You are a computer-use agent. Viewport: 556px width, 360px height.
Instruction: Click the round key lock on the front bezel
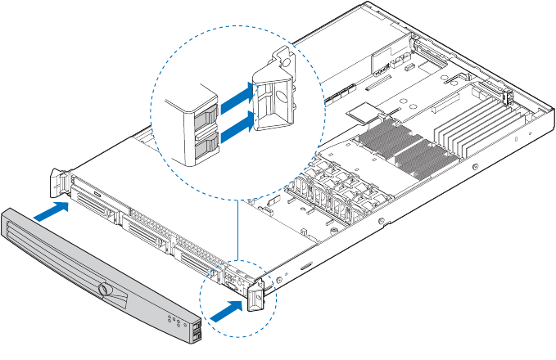click(104, 290)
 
